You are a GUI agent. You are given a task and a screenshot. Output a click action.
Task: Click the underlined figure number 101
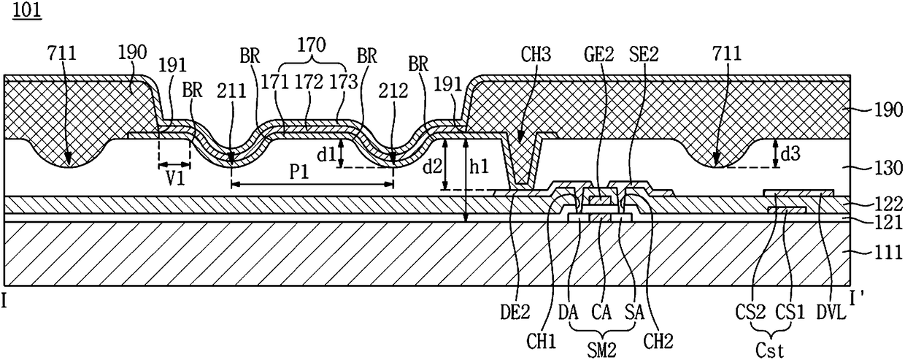[27, 10]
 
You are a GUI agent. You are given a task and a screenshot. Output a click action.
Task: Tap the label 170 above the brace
[311, 45]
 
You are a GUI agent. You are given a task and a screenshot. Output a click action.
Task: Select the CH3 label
[536, 55]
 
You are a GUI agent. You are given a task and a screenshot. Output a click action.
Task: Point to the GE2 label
[599, 55]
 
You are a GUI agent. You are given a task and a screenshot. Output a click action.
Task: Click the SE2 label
[644, 55]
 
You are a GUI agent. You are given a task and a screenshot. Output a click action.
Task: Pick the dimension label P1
[299, 172]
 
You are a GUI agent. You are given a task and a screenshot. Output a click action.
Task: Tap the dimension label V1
[176, 178]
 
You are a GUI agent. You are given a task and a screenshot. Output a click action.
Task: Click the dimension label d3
[790, 154]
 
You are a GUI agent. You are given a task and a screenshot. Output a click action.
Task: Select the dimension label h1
[480, 166]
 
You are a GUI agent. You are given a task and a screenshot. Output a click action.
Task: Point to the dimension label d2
[432, 166]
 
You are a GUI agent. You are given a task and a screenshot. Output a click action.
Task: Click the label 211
[231, 91]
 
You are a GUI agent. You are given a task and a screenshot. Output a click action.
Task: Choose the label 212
[393, 91]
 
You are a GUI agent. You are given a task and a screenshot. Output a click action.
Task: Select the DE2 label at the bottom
[515, 313]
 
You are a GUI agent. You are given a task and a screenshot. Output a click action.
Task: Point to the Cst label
[770, 351]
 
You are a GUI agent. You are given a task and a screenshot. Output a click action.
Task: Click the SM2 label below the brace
[602, 350]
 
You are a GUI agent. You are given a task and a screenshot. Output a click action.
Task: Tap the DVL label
[831, 313]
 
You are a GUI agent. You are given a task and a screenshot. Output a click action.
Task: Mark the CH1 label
[542, 342]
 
